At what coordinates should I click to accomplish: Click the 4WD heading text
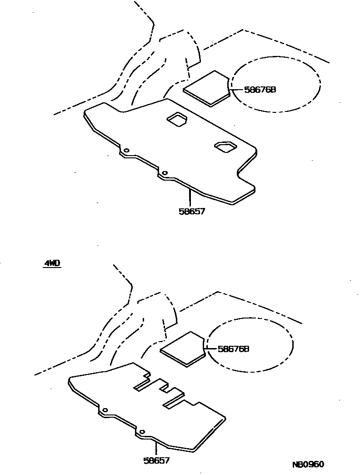coord(52,263)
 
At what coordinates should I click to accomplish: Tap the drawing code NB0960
coord(308,464)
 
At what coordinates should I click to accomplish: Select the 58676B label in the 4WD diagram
coord(234,349)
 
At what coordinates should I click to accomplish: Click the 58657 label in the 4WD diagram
coord(156,460)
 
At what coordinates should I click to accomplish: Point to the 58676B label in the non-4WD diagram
coord(260,90)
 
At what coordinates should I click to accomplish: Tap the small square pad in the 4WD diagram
coord(183,349)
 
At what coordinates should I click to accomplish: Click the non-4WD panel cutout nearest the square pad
coord(176,119)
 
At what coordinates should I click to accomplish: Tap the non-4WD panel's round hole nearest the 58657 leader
coord(165,173)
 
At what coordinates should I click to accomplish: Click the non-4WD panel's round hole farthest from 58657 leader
coord(126,150)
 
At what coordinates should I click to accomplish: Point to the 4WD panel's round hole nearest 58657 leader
coord(142,431)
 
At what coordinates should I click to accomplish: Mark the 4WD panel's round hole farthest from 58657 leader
coord(105,410)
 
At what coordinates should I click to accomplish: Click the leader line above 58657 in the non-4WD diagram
coord(190,198)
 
